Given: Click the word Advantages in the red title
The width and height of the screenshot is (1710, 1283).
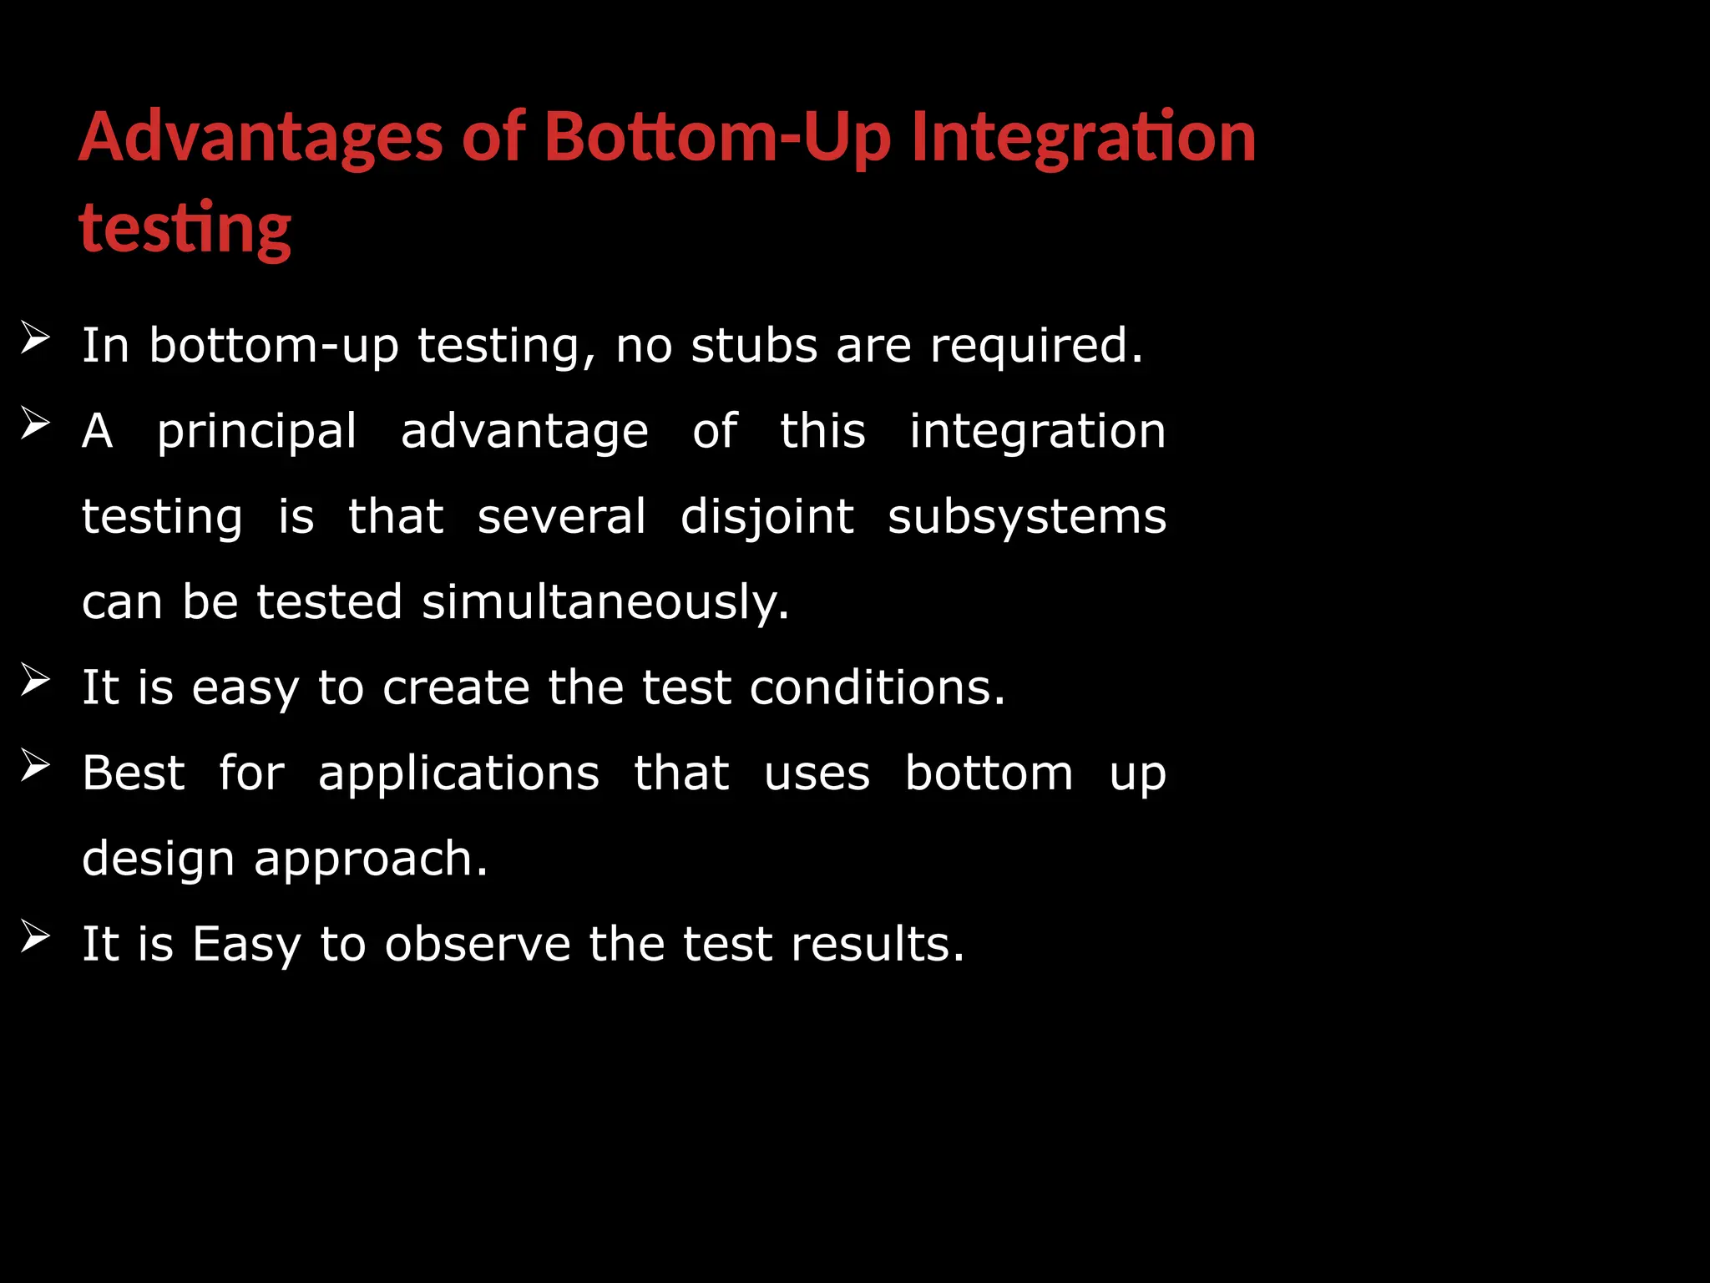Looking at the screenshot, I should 261,137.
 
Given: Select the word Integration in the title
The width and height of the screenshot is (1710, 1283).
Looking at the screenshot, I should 1083,137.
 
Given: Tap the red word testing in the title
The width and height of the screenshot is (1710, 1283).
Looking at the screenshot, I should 185,227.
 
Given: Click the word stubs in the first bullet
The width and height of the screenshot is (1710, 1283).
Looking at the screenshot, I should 754,345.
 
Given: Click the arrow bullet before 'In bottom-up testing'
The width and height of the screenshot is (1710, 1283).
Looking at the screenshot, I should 35,338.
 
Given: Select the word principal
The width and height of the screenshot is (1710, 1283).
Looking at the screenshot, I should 257,433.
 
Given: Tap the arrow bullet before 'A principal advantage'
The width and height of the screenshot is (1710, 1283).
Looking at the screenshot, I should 35,423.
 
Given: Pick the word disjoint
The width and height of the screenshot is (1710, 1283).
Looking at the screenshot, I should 766,517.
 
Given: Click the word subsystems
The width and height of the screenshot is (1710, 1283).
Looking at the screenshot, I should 1027,517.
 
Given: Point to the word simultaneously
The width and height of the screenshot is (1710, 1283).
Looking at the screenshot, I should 605,602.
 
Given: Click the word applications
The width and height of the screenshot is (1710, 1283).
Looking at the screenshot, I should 458,775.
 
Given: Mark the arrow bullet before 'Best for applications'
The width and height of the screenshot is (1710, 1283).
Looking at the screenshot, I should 35,765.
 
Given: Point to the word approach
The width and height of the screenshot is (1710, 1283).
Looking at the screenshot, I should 370,860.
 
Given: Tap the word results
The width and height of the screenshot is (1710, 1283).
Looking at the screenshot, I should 877,944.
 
